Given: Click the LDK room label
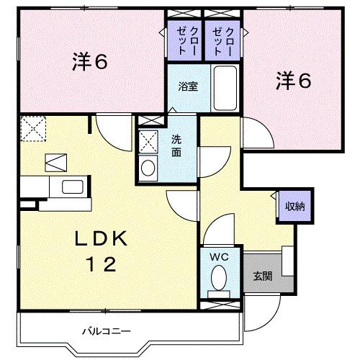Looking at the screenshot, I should (x=102, y=238).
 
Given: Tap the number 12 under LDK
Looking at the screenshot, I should (x=102, y=264).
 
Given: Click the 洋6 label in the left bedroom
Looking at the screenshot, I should (x=89, y=63).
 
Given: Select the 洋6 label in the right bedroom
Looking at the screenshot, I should (x=293, y=81).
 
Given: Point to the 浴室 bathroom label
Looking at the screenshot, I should (x=189, y=86).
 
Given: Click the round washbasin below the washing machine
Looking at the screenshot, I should (x=148, y=168).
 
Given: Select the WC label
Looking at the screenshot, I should (x=219, y=257).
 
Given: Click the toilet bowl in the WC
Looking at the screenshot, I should (x=219, y=276).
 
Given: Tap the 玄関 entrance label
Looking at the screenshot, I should (x=262, y=275).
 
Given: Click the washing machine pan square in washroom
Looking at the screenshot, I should (x=148, y=140).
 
